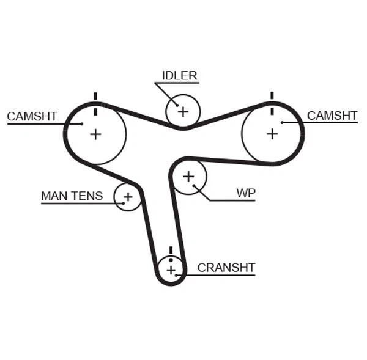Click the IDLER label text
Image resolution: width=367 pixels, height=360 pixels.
click(x=179, y=76)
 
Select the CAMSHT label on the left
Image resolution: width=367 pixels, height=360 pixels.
click(x=32, y=116)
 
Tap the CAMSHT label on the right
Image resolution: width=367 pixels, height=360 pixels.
click(x=332, y=116)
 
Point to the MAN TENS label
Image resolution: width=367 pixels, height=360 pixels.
click(x=72, y=196)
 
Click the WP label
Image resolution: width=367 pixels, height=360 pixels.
click(x=246, y=193)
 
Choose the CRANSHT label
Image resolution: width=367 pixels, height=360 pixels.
click(x=226, y=268)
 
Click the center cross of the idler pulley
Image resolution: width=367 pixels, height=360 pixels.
click(x=182, y=111)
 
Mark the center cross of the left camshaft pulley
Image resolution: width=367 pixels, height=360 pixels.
click(x=95, y=134)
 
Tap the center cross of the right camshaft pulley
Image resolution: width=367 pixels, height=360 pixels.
click(x=272, y=133)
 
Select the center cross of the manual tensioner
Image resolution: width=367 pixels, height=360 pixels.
click(x=128, y=197)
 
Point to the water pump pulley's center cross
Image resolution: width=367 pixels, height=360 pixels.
click(x=188, y=177)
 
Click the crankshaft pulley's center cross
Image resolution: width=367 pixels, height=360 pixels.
click(x=171, y=270)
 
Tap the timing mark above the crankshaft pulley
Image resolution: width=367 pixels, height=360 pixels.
click(x=171, y=250)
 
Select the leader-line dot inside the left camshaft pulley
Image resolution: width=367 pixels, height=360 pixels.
click(x=81, y=123)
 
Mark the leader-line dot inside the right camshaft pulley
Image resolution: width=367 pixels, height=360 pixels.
click(x=282, y=123)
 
